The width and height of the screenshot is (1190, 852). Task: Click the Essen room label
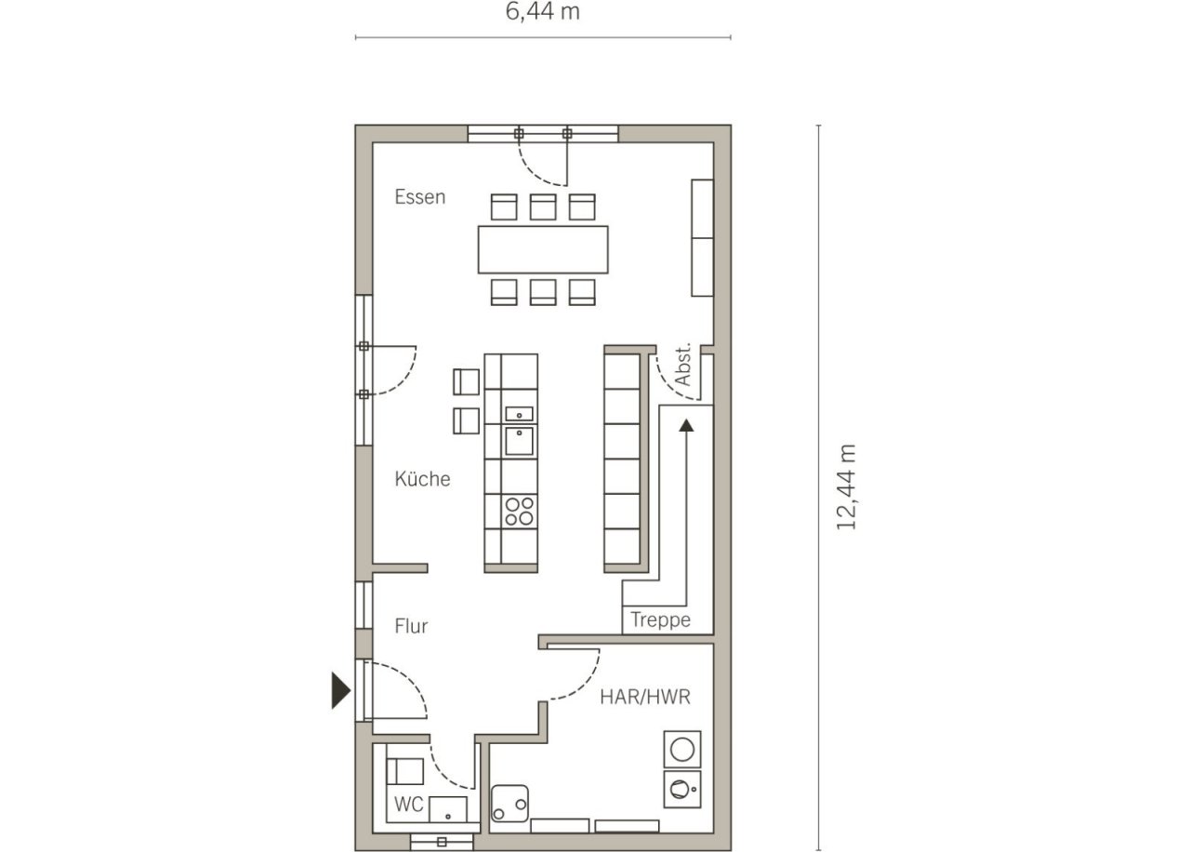pyautogui.click(x=419, y=197)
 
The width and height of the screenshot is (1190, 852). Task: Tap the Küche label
pyautogui.click(x=422, y=479)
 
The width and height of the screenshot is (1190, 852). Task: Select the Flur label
pyautogui.click(x=411, y=626)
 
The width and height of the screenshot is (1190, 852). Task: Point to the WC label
pyautogui.click(x=408, y=805)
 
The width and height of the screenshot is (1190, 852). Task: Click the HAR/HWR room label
pyautogui.click(x=645, y=697)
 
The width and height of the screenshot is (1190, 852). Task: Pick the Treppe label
pyautogui.click(x=660, y=620)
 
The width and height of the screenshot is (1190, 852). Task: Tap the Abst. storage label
pyautogui.click(x=682, y=364)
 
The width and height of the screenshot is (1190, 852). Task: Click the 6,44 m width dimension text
pyautogui.click(x=542, y=12)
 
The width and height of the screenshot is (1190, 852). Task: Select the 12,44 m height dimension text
pyautogui.click(x=846, y=486)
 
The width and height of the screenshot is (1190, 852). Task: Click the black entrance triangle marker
pyautogui.click(x=340, y=690)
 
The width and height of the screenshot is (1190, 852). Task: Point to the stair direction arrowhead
pyautogui.click(x=686, y=425)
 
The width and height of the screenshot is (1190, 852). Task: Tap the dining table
pyautogui.click(x=543, y=249)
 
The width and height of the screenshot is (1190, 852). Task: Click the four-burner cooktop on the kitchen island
pyautogui.click(x=519, y=511)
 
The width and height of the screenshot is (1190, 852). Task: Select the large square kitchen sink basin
pyautogui.click(x=519, y=441)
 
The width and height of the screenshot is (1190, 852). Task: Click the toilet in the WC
pyautogui.click(x=404, y=771)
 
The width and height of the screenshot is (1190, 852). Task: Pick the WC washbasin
pyautogui.click(x=448, y=809)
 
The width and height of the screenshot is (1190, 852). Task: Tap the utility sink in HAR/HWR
pyautogui.click(x=510, y=804)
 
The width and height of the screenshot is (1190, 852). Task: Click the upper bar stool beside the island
pyautogui.click(x=466, y=381)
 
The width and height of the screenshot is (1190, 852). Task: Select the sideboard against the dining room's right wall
pyautogui.click(x=702, y=237)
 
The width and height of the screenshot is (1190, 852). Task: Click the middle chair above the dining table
pyautogui.click(x=543, y=206)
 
